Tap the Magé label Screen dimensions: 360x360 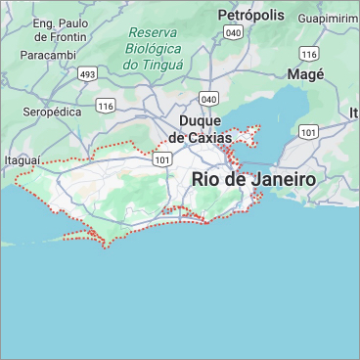[x=305, y=74]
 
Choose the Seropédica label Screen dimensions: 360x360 [x=51, y=113]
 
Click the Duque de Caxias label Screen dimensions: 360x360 [x=200, y=129]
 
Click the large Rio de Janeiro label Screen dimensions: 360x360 [x=253, y=180]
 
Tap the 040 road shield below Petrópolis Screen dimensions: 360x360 [x=233, y=32]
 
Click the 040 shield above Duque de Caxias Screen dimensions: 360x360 [x=207, y=99]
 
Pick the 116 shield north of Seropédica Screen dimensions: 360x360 [x=106, y=104]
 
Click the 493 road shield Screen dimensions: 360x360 [x=88, y=73]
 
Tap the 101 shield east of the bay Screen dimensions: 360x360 [x=309, y=131]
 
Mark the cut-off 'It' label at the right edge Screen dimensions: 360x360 [x=354, y=114]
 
